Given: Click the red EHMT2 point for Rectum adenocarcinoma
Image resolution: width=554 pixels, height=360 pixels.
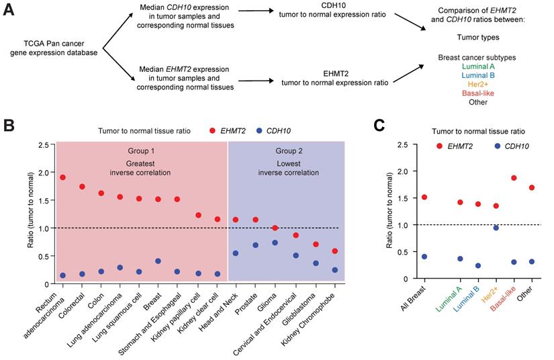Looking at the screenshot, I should click(62, 177).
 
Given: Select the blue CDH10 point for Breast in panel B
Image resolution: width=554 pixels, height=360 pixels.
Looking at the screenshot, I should click(158, 261).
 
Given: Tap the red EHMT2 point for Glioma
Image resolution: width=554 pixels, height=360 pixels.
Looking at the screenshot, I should click(274, 228).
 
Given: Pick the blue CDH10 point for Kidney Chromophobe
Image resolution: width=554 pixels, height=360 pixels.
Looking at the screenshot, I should click(334, 270).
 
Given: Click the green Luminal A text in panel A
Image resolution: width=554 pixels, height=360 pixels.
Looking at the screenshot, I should click(478, 66).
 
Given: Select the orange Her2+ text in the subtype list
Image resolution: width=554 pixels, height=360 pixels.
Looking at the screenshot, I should click(478, 85).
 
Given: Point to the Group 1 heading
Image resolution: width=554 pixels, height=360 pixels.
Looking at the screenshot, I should click(141, 150).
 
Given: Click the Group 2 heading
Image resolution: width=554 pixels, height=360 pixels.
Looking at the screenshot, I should click(289, 150).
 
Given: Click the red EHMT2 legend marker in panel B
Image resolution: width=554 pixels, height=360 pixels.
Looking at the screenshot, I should click(213, 130).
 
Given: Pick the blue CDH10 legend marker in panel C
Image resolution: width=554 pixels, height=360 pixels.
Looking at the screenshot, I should click(498, 146).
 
